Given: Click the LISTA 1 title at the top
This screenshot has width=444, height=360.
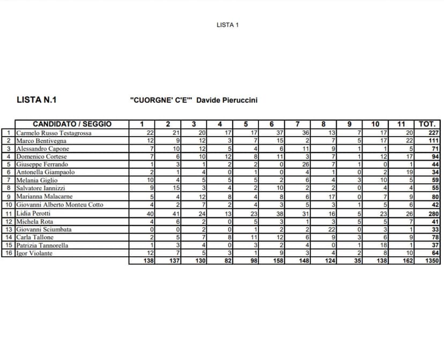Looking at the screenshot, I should click(227, 25).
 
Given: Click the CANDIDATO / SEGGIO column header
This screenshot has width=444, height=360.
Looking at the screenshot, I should click(72, 124).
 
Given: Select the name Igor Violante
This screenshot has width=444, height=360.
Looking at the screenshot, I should click(34, 253).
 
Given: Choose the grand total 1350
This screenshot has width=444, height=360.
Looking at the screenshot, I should click(431, 261).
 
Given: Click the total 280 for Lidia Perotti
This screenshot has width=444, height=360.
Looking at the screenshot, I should click(433, 213).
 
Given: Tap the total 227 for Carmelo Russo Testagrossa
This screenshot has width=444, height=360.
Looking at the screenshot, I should click(433, 133).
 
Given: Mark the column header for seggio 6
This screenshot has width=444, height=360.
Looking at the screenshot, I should click(272, 124).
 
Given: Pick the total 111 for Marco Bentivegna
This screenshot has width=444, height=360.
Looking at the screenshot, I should click(433, 141).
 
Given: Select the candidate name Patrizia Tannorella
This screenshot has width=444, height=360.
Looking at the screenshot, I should click(42, 245).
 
